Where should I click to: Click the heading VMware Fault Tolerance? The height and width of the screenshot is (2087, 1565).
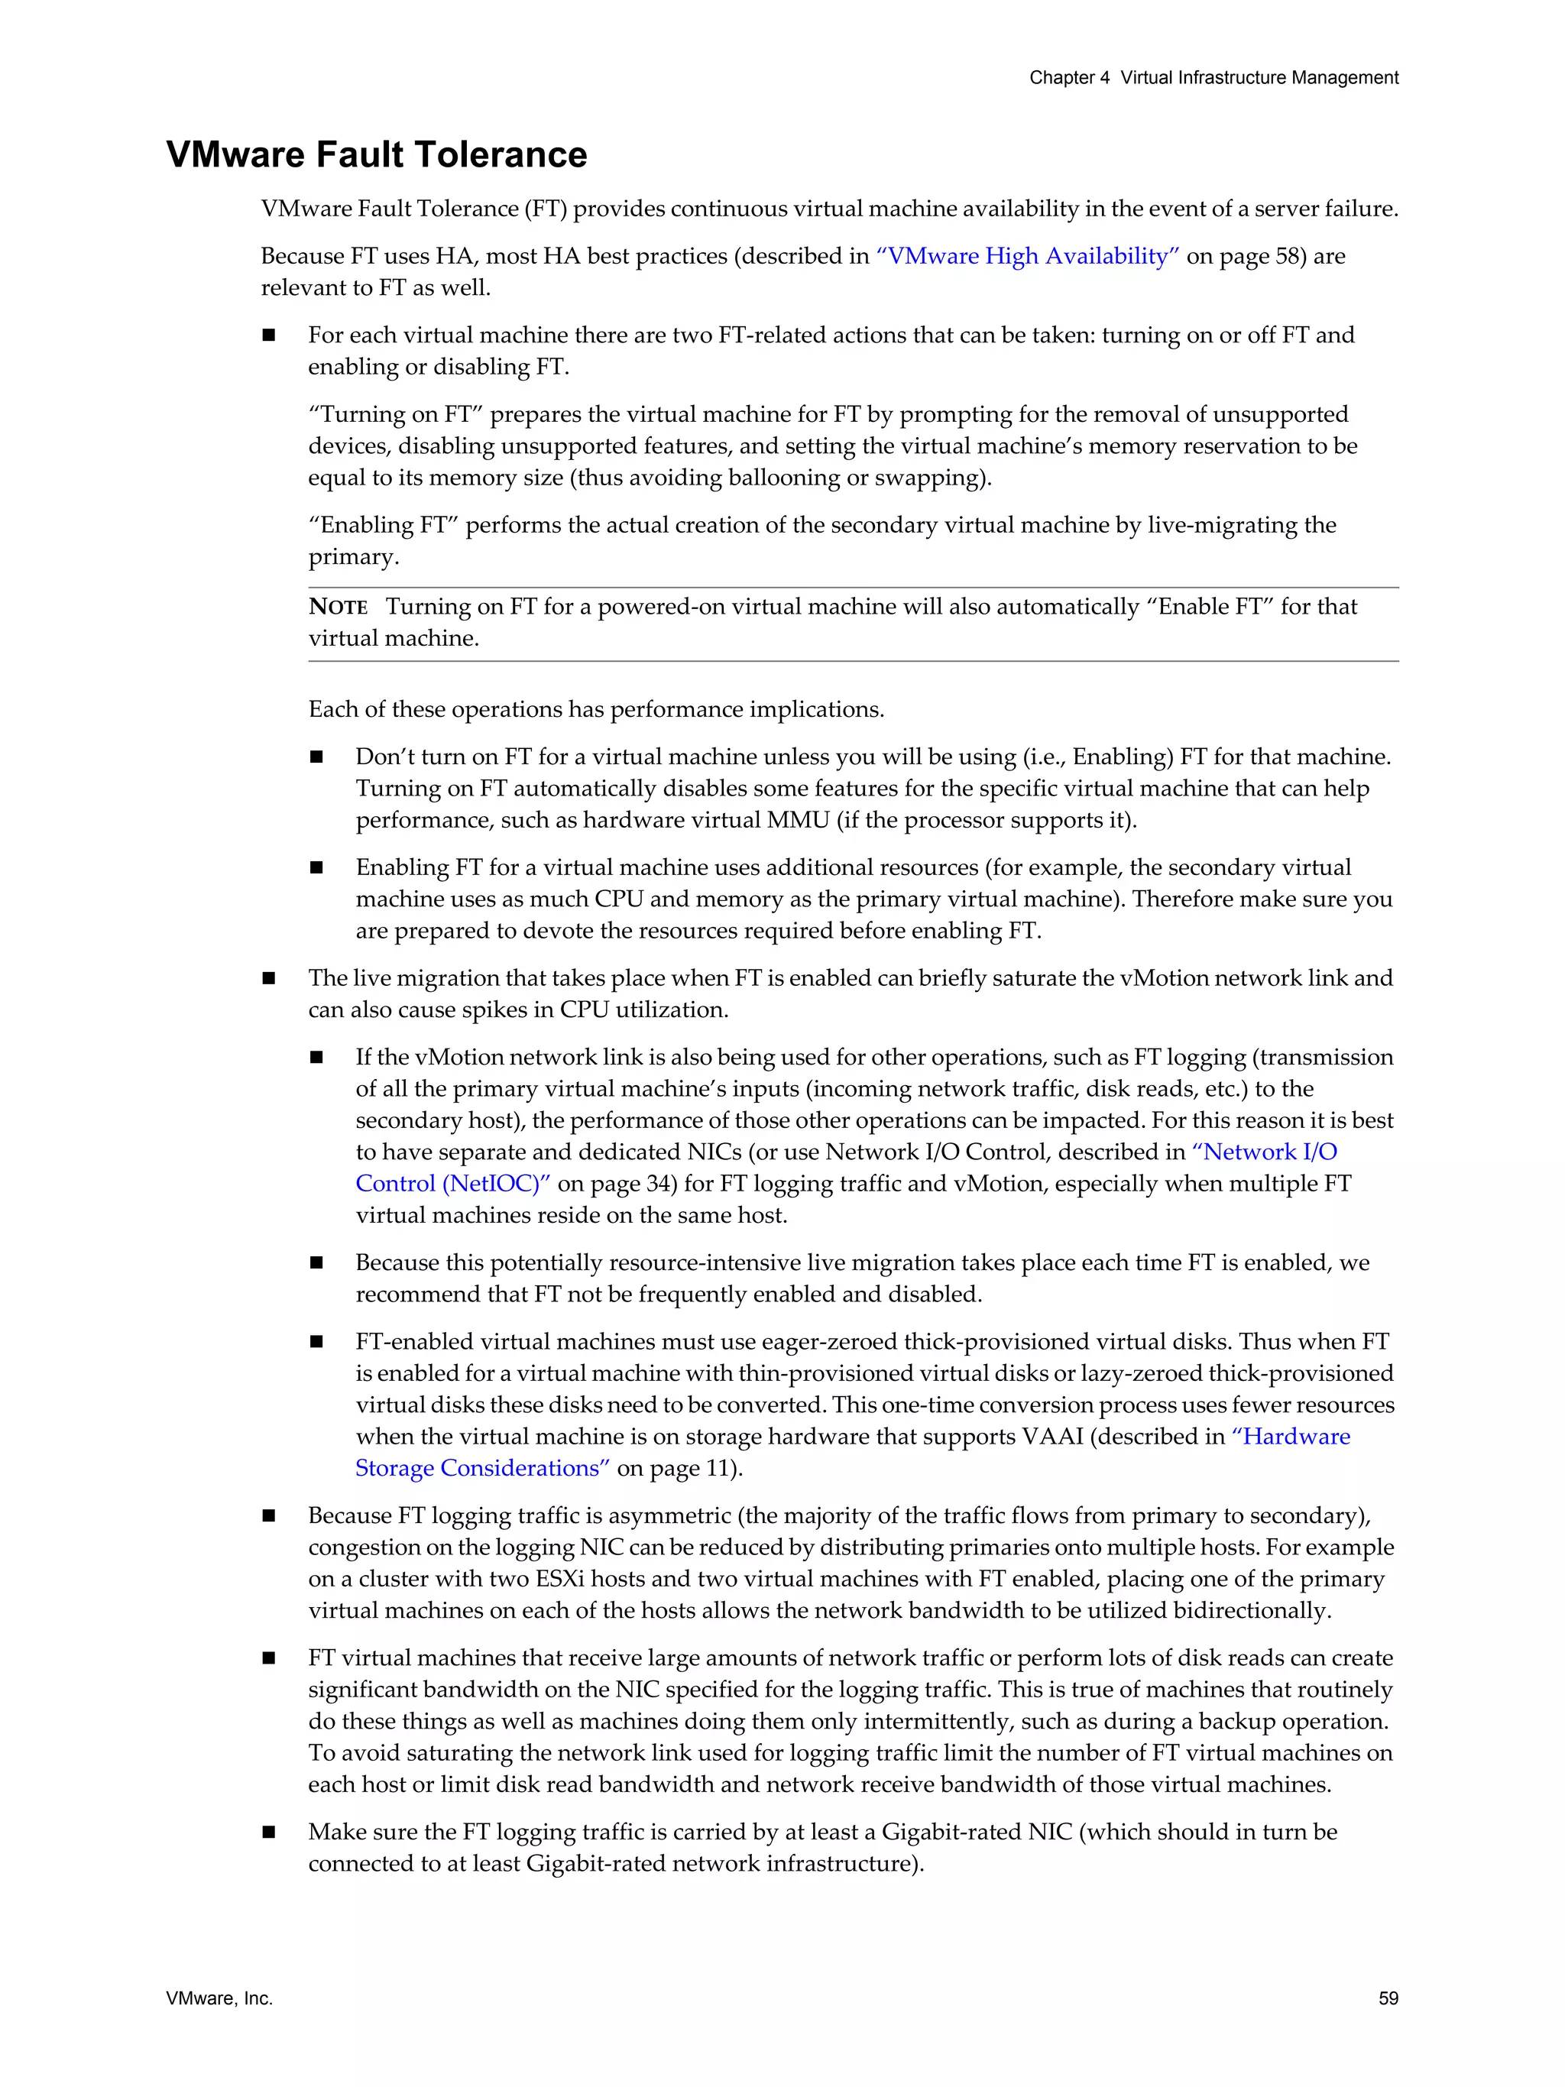[x=377, y=154]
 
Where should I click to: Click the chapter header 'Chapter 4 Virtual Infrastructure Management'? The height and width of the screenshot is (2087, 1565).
[x=1213, y=77]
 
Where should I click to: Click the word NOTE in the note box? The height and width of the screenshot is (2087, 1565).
[x=338, y=607]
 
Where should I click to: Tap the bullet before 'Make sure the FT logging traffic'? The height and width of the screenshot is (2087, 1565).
[x=269, y=1833]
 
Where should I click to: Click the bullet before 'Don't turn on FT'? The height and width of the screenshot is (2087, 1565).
[x=316, y=757]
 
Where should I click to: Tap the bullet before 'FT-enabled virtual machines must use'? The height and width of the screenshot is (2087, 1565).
[x=316, y=1342]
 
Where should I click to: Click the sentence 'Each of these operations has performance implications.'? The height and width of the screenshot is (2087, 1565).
[x=596, y=709]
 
